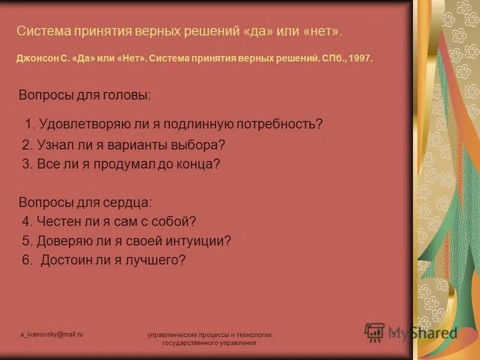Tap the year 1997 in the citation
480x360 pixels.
pyautogui.click(x=361, y=59)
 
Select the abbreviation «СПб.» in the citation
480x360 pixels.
pyautogui.click(x=331, y=59)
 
